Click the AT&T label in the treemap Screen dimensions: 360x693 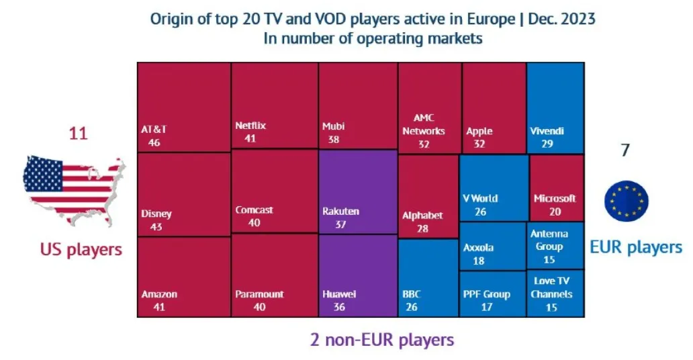[154, 129]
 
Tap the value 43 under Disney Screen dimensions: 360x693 [156, 227]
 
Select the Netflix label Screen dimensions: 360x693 [250, 126]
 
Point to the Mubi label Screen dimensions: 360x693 [334, 126]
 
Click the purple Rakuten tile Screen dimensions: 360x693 [357, 191]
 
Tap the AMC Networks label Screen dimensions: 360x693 [424, 125]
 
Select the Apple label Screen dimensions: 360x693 [479, 131]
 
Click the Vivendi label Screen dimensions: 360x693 [547, 131]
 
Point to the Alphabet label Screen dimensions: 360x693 [422, 216]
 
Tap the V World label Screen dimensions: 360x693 [481, 198]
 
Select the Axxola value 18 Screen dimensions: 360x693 [479, 260]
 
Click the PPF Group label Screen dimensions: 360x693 [487, 294]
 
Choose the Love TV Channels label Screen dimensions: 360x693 [551, 287]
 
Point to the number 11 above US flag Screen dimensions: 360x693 [78, 134]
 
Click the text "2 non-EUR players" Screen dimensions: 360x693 [382, 339]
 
